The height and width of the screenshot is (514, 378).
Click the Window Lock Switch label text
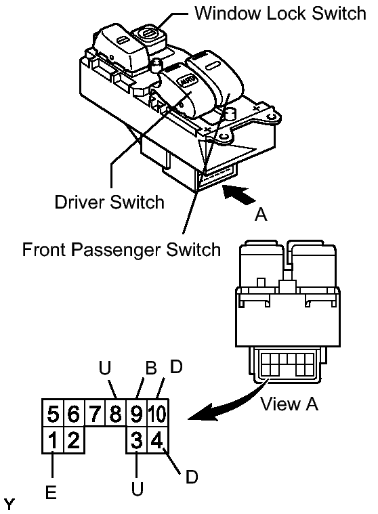click(x=280, y=14)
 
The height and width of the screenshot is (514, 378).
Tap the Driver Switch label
click(x=110, y=202)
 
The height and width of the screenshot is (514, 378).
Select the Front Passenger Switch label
click(x=121, y=250)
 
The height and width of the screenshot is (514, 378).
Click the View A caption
click(x=289, y=404)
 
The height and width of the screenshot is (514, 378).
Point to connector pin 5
click(x=53, y=413)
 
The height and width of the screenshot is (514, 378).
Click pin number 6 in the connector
click(x=73, y=413)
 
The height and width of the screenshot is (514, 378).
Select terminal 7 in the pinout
click(x=94, y=413)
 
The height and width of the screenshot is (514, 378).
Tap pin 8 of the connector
click(x=115, y=413)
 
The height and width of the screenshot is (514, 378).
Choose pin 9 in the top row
click(x=136, y=413)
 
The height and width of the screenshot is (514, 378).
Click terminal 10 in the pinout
click(x=158, y=413)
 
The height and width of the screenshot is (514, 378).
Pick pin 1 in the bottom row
click(x=53, y=440)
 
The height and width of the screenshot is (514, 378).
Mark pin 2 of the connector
click(x=73, y=440)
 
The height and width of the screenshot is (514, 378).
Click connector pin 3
click(x=136, y=440)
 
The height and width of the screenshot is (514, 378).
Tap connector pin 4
click(x=157, y=440)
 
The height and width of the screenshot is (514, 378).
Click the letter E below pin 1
click(x=51, y=492)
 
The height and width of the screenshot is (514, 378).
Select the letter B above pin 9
click(x=151, y=368)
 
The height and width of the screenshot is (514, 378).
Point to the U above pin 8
click(x=105, y=368)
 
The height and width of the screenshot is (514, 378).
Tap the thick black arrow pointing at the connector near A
click(x=238, y=194)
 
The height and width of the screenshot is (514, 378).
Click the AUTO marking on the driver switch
click(x=186, y=80)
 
